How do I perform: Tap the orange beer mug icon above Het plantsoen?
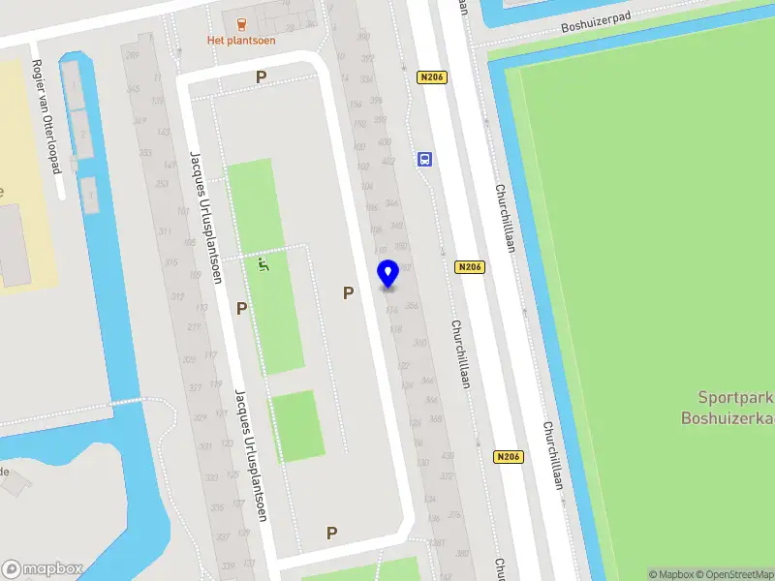240,20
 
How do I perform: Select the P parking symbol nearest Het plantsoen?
260,76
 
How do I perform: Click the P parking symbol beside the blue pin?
348,291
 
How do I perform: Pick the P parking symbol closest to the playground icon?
241,308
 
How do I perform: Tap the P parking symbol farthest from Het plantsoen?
331,532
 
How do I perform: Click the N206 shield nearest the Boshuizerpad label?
432,76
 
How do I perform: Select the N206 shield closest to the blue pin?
469,266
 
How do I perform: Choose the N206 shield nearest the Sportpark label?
508,457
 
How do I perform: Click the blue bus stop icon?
424,160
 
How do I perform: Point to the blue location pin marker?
387,274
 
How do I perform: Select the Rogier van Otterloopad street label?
46,116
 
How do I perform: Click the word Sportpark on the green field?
729,397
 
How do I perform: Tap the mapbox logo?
43,568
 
